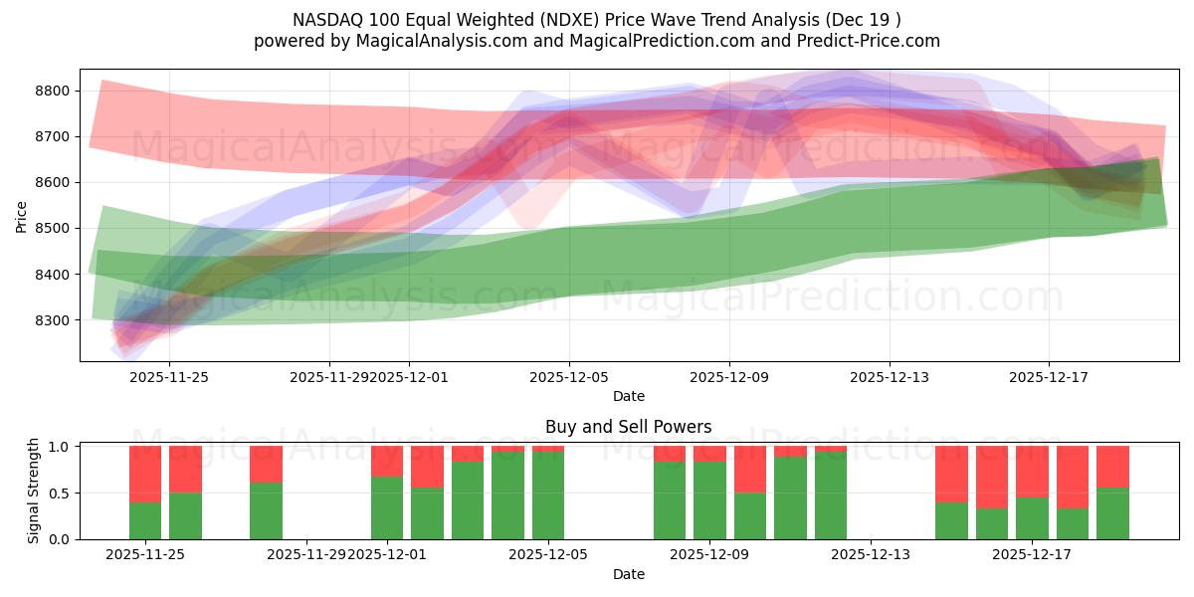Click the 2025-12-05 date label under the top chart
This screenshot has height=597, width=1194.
[569, 377]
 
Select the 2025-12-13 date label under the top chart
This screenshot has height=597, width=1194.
[890, 377]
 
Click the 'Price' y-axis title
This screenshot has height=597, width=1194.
[22, 216]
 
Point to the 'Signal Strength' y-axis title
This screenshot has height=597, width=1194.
[33, 492]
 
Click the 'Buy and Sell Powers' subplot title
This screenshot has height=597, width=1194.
[628, 427]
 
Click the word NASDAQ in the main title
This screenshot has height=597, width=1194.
[326, 20]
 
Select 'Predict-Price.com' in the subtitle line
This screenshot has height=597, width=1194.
[873, 41]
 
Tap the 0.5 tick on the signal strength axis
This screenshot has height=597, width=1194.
[59, 493]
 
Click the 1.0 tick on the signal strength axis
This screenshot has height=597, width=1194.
[59, 447]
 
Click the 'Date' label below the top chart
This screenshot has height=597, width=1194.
[628, 396]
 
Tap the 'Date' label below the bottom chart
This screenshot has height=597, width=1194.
[628, 574]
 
